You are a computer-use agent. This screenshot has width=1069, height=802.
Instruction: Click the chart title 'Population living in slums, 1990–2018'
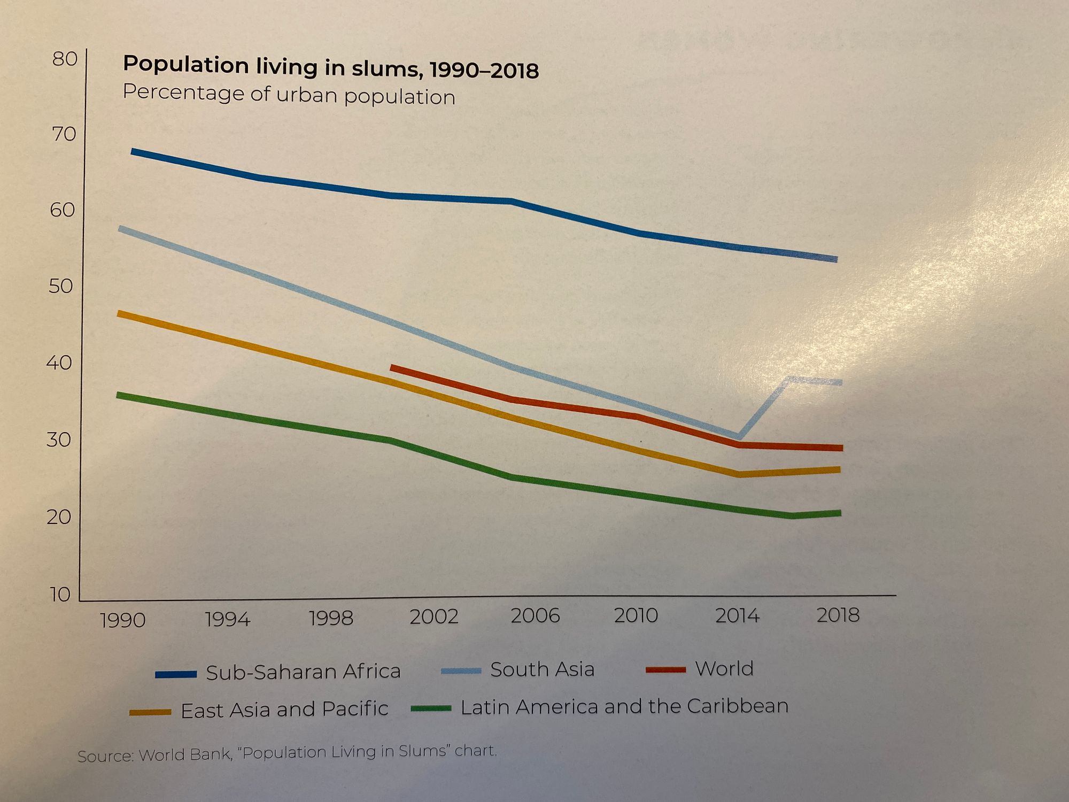[330, 67]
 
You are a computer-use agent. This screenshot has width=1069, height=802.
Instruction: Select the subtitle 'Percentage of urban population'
[289, 95]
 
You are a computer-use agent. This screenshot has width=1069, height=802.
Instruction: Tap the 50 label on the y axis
[60, 286]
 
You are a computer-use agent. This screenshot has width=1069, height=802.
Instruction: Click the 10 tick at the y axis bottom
[60, 594]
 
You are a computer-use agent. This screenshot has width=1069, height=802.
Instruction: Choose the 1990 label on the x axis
[122, 620]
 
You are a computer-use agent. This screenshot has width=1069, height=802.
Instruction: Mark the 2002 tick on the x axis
[433, 616]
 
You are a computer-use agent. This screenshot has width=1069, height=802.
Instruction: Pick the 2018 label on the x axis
[838, 615]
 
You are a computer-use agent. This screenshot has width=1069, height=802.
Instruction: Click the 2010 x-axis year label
[635, 615]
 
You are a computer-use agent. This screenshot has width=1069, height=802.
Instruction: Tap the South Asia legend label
[542, 669]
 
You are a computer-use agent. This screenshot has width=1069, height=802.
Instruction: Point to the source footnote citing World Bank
[287, 752]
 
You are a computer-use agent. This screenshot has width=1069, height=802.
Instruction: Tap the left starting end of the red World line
[392, 368]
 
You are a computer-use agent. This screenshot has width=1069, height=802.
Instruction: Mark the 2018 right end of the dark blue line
[836, 259]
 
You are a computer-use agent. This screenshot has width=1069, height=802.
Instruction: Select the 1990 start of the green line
[119, 395]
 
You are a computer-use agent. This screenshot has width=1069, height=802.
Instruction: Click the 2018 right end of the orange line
[839, 469]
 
